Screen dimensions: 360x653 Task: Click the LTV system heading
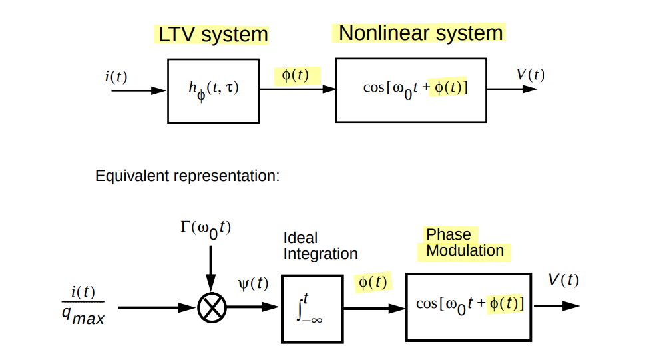(212, 35)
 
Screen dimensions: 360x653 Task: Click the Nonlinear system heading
(421, 33)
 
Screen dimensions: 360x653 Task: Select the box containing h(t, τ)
(213, 90)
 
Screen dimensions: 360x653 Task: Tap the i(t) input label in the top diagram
(116, 76)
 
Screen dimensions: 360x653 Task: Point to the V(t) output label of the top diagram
(530, 75)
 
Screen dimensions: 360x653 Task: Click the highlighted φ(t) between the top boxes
(296, 75)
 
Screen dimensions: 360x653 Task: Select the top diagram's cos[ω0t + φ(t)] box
(411, 90)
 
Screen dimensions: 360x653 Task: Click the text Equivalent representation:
(188, 176)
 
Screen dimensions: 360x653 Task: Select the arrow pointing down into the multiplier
(211, 270)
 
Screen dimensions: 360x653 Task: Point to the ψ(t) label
(253, 284)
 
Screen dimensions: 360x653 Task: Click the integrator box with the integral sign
(310, 307)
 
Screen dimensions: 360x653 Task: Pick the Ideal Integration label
(320, 246)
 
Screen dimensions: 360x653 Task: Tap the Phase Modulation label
(465, 242)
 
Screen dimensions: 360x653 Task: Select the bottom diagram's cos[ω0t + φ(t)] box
(469, 306)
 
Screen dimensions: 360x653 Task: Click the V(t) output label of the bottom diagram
(563, 280)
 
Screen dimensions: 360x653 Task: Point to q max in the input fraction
(83, 317)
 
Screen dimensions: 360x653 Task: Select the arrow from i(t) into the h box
(138, 90)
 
